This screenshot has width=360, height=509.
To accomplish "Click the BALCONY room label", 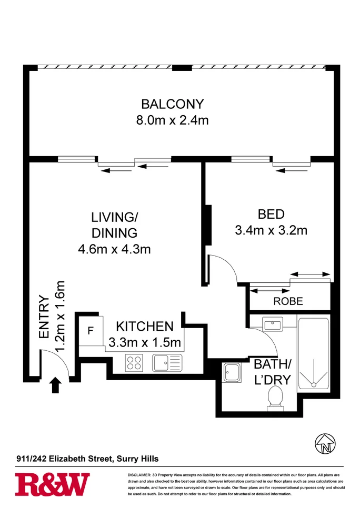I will [172, 103].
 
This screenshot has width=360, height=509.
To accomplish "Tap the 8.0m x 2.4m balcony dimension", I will [172, 120].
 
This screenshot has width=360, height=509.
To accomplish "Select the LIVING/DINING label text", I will [114, 225].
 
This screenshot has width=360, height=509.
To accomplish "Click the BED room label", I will [271, 214].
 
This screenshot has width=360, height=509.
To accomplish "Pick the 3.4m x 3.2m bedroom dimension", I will [271, 230].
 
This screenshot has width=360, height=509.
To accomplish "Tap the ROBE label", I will [288, 302].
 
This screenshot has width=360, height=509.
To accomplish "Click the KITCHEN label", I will [144, 326].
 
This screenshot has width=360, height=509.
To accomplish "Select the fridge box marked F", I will [91, 331].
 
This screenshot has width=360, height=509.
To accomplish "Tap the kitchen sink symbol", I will [167, 363].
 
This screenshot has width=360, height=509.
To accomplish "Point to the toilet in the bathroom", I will [275, 398].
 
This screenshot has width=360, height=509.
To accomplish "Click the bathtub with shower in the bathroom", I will [313, 355].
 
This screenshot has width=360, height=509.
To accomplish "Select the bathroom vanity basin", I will [273, 324].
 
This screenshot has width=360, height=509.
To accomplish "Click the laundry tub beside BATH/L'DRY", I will [232, 373].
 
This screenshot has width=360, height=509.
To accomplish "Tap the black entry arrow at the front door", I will [55, 386].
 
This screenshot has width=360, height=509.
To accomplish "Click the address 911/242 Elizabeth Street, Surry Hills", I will [87, 459].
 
